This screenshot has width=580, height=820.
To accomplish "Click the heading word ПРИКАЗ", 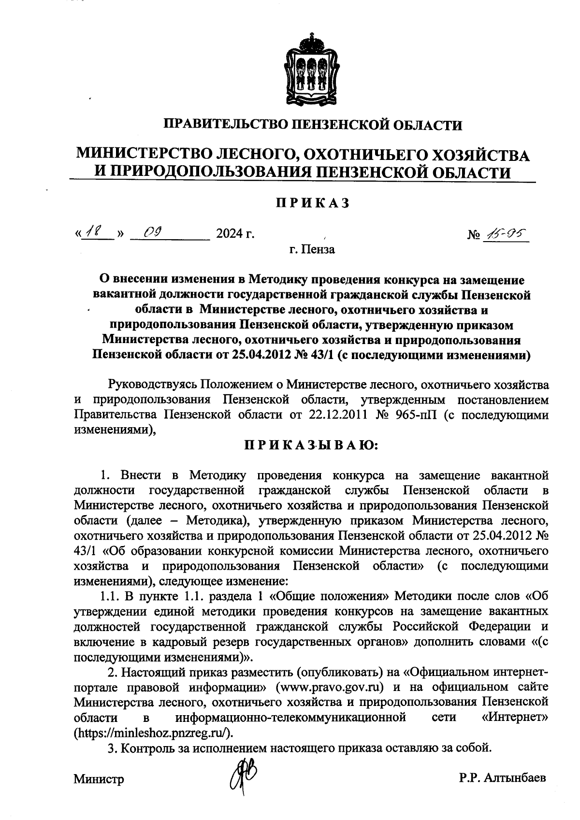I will coord(312,203).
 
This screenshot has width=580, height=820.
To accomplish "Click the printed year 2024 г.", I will coord(235,234).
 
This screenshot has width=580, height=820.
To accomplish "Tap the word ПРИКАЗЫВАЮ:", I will coord(312,445).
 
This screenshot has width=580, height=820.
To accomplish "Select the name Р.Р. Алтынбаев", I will coord(503,778).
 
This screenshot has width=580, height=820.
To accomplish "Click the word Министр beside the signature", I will coord(99,779).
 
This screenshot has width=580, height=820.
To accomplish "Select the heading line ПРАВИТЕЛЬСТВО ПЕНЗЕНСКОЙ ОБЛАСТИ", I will coord(312,125).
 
